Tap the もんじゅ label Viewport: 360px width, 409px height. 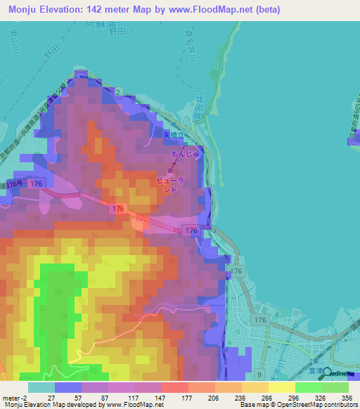[186, 154]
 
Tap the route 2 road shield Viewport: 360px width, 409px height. [119, 92]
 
